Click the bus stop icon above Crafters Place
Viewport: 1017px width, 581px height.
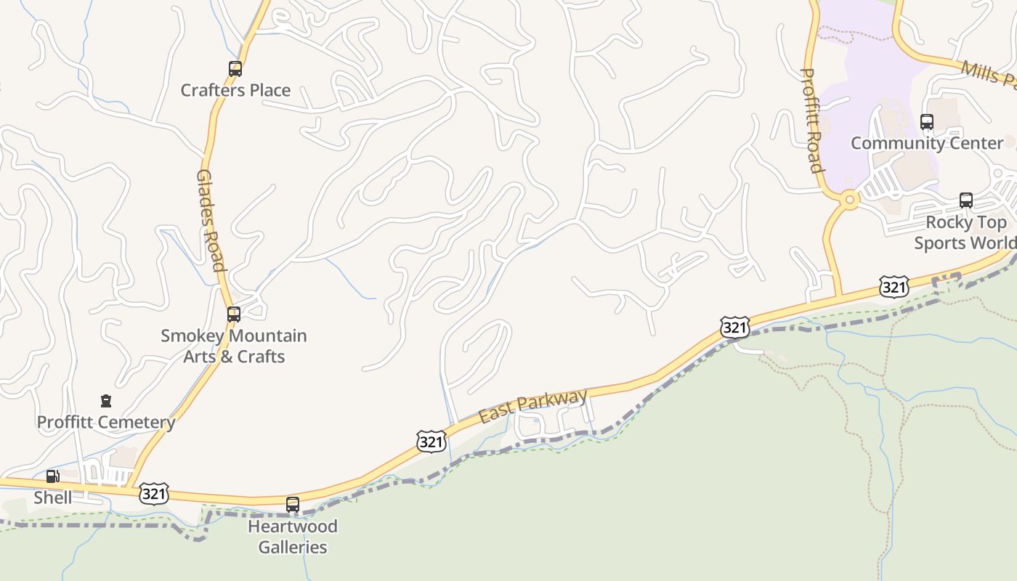235,69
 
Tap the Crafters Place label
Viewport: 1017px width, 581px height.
235,91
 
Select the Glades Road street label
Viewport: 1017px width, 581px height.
211,220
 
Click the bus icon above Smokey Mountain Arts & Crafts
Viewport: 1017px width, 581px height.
234,314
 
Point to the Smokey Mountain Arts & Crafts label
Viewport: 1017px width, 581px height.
234,346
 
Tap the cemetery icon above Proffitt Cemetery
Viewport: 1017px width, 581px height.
106,401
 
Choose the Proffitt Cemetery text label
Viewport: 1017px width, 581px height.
106,423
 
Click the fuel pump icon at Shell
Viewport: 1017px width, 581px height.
53,476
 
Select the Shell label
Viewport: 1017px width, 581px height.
53,497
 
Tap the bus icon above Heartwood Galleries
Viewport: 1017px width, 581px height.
293,504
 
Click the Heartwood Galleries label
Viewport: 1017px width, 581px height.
293,537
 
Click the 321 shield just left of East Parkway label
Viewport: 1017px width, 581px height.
431,441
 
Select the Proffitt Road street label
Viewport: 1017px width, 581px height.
812,121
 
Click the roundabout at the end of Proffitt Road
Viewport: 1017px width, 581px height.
848,198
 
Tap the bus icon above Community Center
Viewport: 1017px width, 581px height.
927,122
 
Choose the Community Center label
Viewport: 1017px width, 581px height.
927,143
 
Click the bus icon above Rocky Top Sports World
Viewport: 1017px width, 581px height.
966,200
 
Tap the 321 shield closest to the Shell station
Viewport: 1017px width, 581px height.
154,494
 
